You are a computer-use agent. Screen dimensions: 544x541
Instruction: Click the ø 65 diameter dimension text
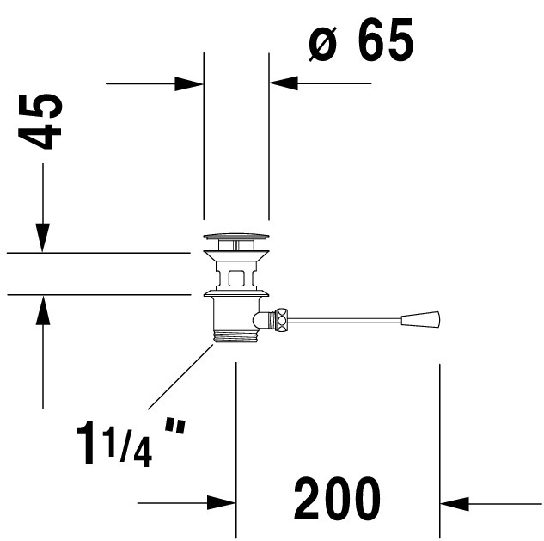coord(361,40)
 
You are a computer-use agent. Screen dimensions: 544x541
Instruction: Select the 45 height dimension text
coord(40,121)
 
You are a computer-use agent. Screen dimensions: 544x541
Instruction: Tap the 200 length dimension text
coord(337,498)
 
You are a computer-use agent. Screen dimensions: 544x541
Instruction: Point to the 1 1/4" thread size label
coord(131,442)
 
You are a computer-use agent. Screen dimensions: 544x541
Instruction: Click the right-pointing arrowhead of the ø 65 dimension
coord(189,83)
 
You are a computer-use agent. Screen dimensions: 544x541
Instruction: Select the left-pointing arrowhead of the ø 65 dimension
coord(284,83)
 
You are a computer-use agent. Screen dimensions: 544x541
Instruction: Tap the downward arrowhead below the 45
coord(43,237)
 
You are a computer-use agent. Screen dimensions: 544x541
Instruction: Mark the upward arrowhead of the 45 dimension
coord(43,310)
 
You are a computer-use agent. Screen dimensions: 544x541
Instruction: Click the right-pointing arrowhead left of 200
coord(222,502)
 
